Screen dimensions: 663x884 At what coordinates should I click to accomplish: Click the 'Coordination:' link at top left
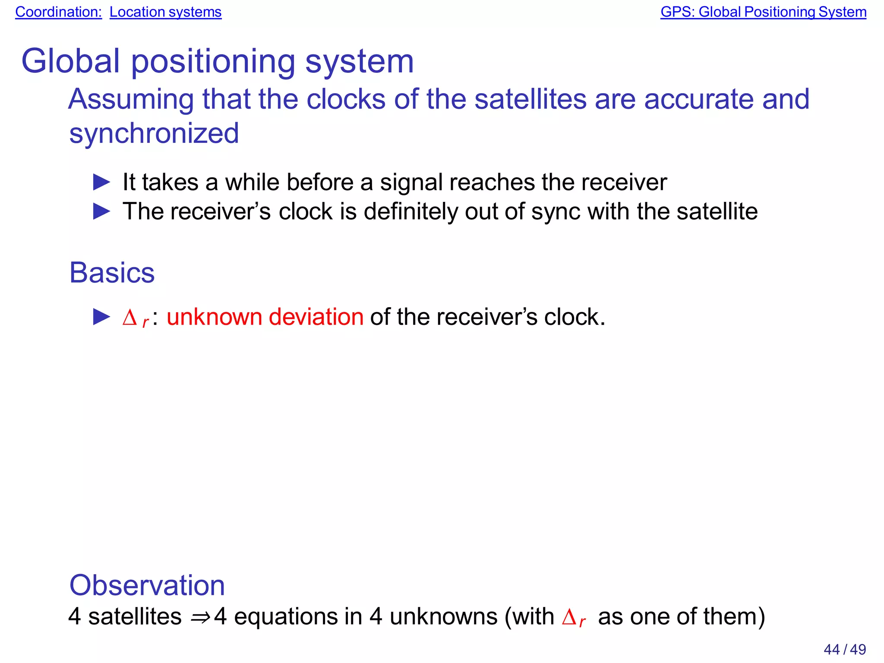[58, 12]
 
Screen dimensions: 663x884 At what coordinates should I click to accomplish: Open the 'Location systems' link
[165, 12]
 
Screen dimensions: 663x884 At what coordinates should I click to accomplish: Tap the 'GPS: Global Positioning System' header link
[763, 12]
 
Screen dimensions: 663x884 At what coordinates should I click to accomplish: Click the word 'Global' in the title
[70, 61]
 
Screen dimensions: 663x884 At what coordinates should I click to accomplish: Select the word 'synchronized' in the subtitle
[154, 133]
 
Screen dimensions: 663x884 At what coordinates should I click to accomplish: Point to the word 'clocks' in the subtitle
[345, 99]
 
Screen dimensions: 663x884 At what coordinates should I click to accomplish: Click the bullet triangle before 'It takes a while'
[102, 182]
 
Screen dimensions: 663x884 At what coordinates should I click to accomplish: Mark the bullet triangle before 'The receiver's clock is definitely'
[102, 211]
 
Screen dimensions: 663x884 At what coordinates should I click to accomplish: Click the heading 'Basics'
[112, 273]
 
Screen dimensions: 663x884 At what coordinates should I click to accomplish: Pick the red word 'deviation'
[316, 317]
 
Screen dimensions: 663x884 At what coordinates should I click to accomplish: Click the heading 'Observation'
[147, 585]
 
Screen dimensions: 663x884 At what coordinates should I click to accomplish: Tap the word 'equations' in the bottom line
[285, 616]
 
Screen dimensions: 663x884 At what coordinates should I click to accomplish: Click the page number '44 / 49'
[844, 649]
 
